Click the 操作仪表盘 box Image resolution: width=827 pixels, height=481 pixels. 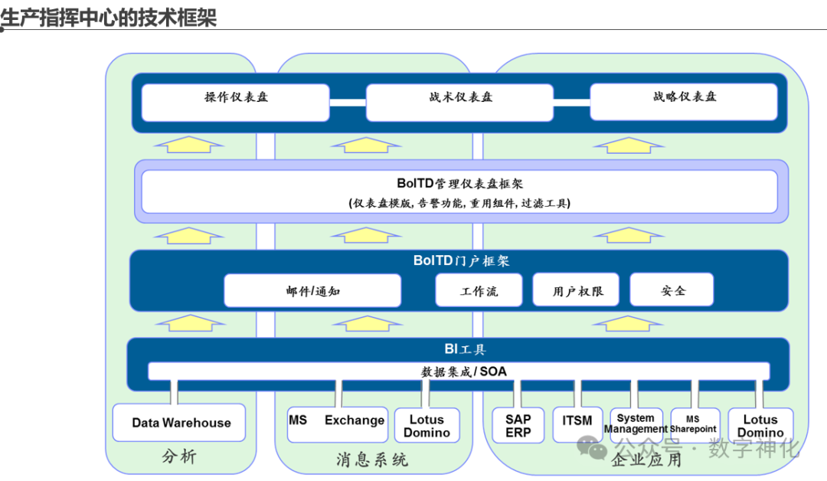[x=236, y=102]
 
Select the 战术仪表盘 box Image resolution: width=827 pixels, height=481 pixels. [x=459, y=102]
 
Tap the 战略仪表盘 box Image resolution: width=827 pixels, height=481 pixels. [x=684, y=101]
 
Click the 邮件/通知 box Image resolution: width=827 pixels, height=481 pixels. [x=312, y=290]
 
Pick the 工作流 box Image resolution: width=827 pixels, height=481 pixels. [x=479, y=290]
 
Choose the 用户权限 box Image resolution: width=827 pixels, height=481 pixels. [x=577, y=290]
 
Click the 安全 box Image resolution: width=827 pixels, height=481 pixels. [x=672, y=290]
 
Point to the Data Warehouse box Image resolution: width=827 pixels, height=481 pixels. [x=181, y=423]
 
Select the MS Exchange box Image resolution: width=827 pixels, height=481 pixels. [x=336, y=424]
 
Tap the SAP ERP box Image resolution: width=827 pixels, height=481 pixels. [x=518, y=425]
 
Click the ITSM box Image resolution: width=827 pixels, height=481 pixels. [x=577, y=424]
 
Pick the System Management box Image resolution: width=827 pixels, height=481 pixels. [x=636, y=424]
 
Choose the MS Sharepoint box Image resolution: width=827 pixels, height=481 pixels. [x=694, y=424]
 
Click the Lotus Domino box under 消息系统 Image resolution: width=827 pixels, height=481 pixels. [x=427, y=425]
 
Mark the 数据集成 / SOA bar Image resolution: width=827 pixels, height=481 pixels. [x=459, y=371]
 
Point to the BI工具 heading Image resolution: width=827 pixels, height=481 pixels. [x=464, y=349]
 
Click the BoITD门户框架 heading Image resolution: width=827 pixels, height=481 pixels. [x=460, y=261]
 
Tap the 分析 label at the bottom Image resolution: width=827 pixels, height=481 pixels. [x=179, y=456]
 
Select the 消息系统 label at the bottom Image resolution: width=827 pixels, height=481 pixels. [x=372, y=460]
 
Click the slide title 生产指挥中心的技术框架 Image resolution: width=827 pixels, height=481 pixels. [x=109, y=16]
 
